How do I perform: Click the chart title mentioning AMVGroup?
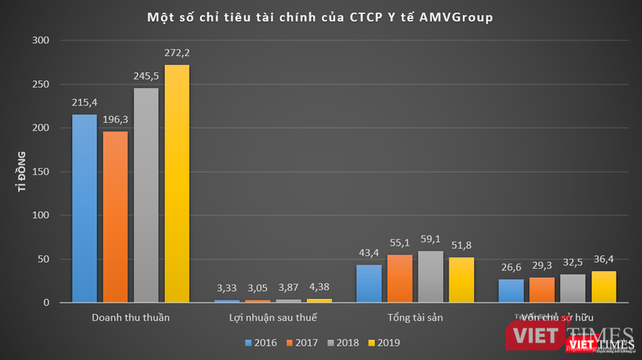click(320, 17)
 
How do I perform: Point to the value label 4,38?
click(319, 287)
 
